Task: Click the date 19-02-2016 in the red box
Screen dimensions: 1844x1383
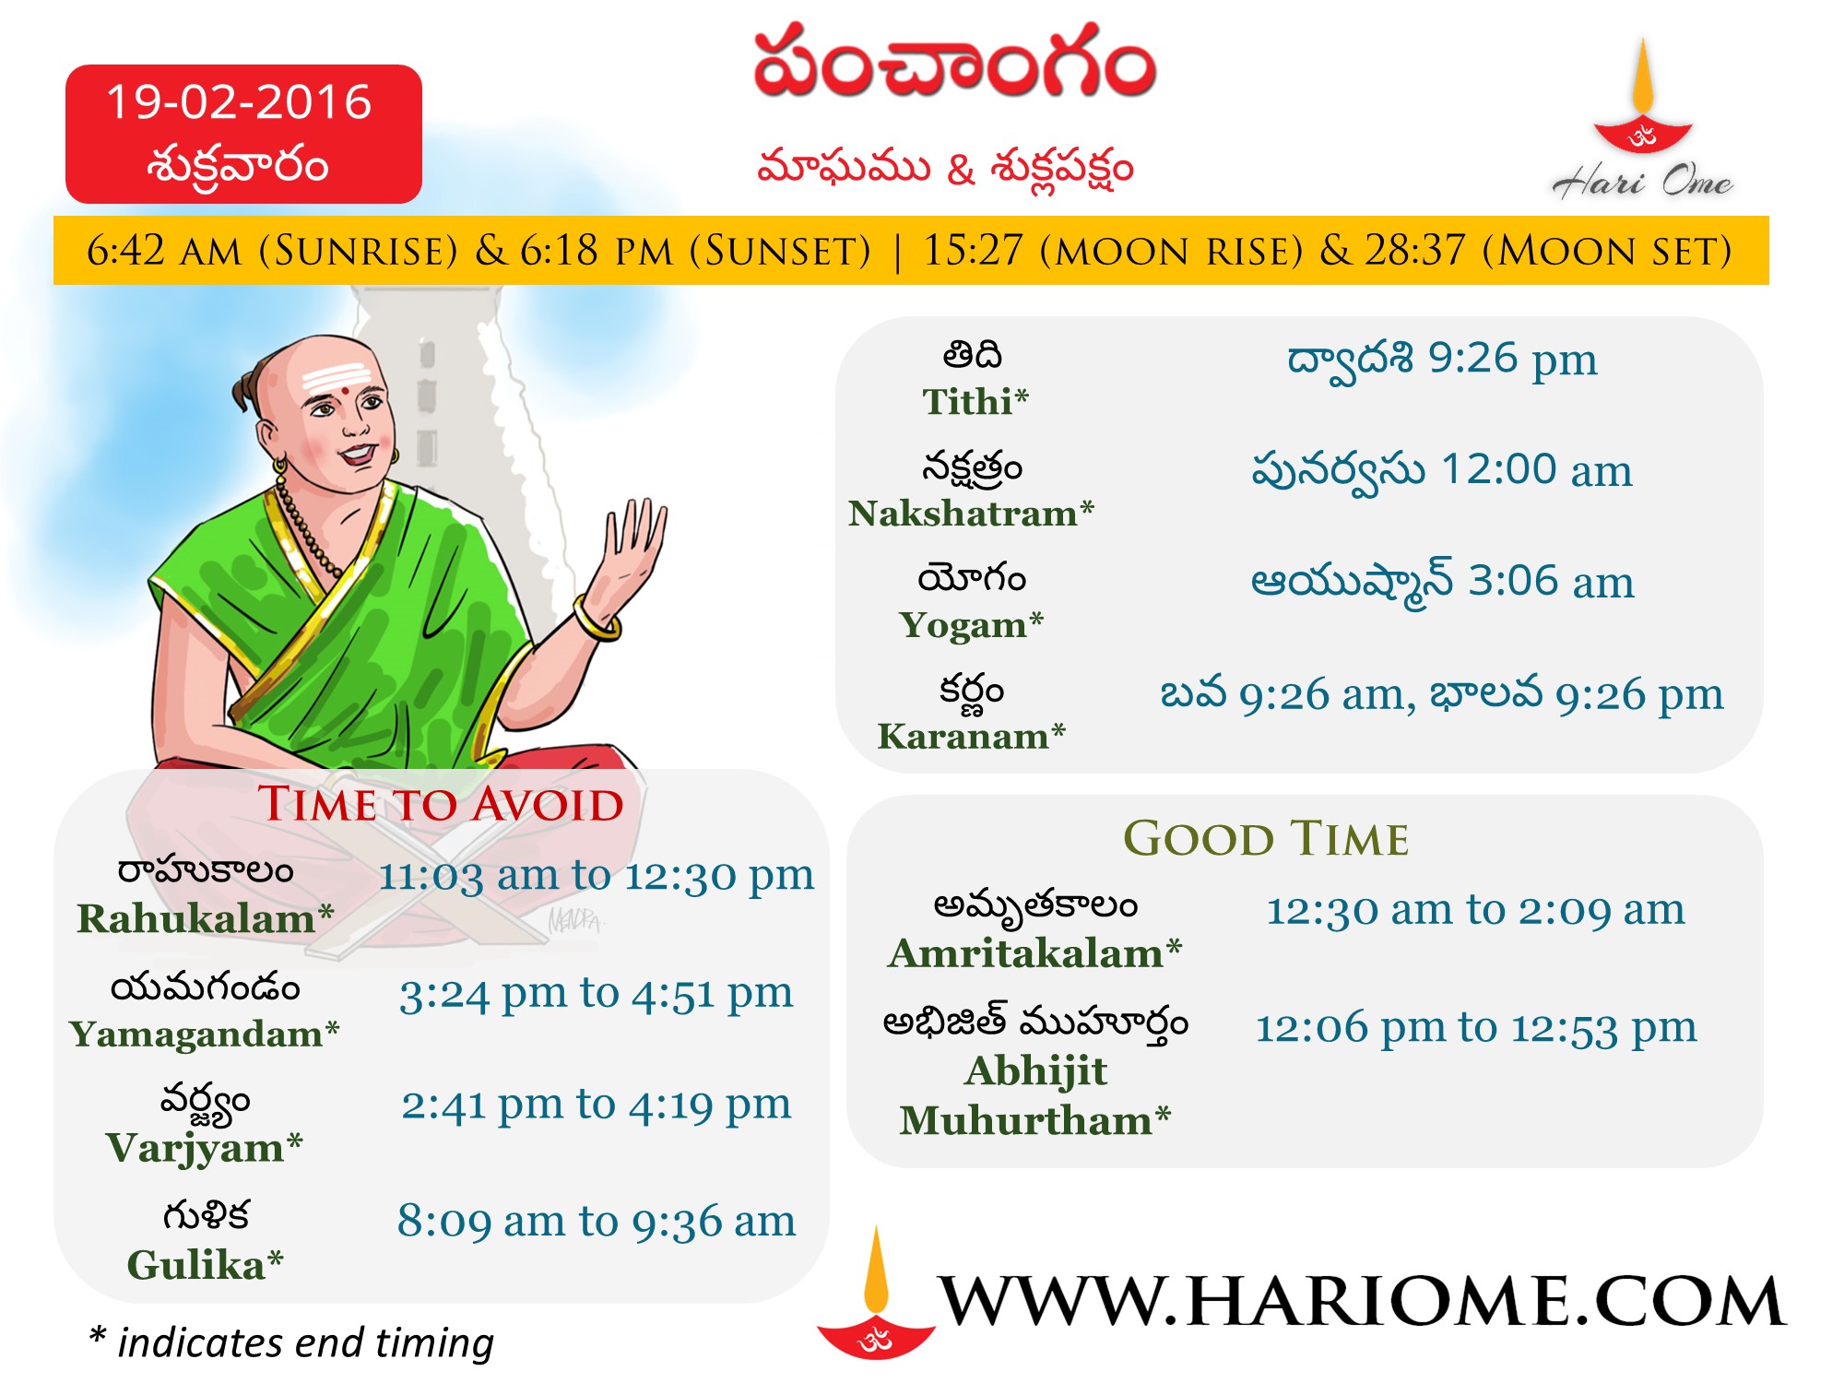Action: pyautogui.click(x=239, y=101)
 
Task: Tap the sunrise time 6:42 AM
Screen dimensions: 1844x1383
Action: pyautogui.click(x=164, y=251)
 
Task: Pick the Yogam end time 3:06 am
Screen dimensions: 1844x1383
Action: pyautogui.click(x=1551, y=582)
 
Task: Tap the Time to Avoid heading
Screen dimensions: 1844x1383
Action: pyautogui.click(x=441, y=804)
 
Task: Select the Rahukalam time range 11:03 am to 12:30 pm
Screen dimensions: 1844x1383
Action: pyautogui.click(x=597, y=876)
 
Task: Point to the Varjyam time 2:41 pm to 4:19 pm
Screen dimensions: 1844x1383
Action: pyautogui.click(x=596, y=1105)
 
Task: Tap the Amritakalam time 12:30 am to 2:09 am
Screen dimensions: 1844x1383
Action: pyautogui.click(x=1475, y=911)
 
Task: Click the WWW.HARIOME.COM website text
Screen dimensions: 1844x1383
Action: pyautogui.click(x=1362, y=1302)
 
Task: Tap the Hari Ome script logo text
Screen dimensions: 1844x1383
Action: pyautogui.click(x=1642, y=181)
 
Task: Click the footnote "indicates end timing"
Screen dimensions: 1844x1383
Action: pyautogui.click(x=305, y=1343)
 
